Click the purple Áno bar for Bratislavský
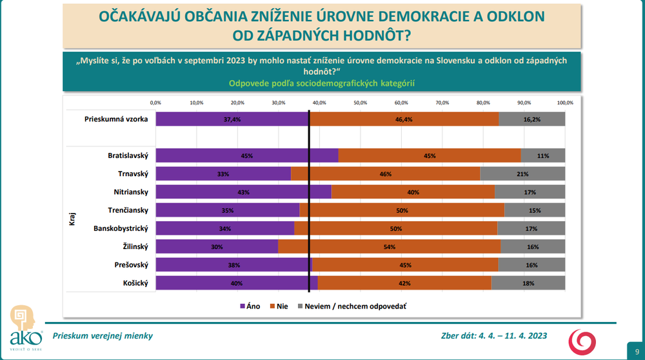click(x=247, y=155)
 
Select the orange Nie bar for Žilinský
click(x=389, y=246)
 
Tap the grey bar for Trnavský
click(x=522, y=174)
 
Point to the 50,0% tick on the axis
click(x=360, y=103)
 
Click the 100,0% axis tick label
click(x=565, y=103)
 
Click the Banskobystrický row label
click(x=121, y=228)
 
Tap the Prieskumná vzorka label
click(x=117, y=119)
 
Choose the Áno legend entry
click(x=249, y=306)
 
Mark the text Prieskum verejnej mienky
click(x=103, y=335)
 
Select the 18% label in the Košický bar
click(x=528, y=283)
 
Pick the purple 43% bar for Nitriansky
click(x=243, y=192)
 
